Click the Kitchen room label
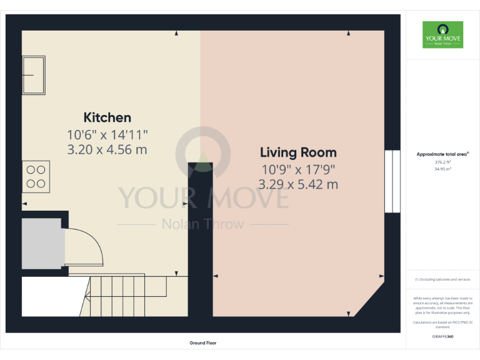107,117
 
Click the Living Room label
298,152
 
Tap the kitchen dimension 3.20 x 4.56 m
107,149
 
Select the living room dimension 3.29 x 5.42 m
298,184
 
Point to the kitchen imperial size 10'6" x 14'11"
107,134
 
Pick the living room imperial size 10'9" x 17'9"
298,169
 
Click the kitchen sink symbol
34,75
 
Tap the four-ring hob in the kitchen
36,176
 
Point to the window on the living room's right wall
392,181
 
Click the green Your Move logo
442,34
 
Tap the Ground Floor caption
203,343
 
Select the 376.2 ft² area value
442,162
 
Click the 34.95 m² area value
442,169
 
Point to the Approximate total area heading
442,154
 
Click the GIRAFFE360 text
442,337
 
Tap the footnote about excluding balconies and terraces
442,279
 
